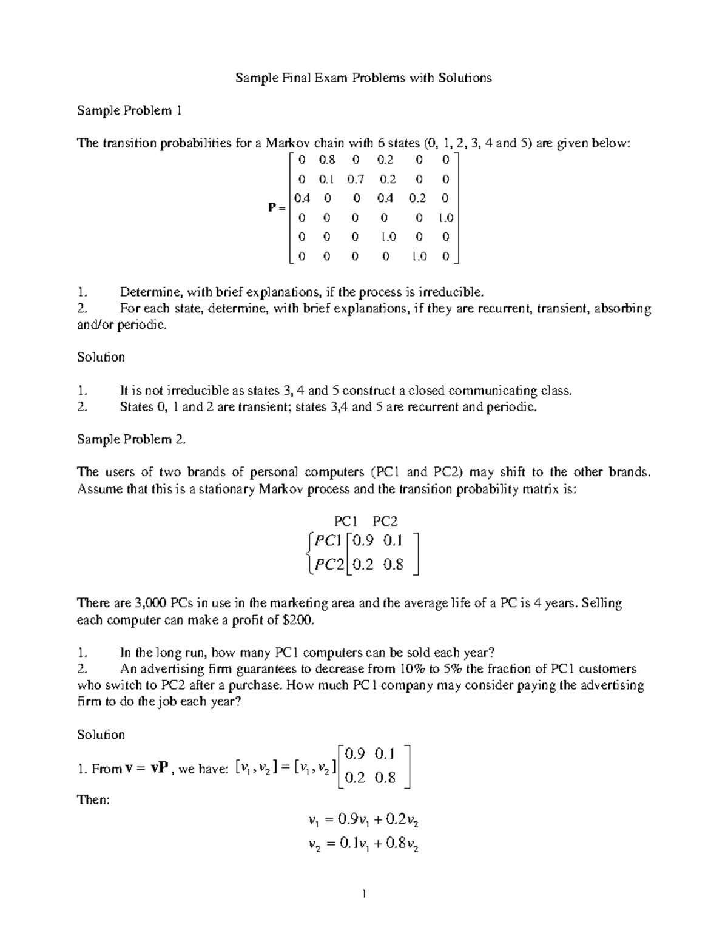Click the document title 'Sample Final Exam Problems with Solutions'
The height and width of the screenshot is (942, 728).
click(363, 78)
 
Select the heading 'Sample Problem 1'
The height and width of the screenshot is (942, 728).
click(129, 110)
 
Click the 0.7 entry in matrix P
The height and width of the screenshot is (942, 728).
click(356, 180)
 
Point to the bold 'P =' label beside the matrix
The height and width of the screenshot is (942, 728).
click(277, 208)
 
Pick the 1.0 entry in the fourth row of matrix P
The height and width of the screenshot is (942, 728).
click(446, 218)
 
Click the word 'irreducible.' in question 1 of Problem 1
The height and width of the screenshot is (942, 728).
click(452, 292)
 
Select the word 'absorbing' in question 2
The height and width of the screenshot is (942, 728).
click(622, 308)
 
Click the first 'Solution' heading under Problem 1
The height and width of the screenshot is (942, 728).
click(101, 357)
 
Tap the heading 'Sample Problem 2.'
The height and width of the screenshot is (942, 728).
click(131, 440)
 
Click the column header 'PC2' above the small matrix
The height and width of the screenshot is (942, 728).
click(385, 521)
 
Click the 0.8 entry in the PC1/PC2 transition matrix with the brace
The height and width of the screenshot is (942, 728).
click(393, 565)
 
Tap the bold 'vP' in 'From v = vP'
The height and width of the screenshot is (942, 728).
click(160, 769)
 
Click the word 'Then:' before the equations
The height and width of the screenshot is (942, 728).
click(93, 800)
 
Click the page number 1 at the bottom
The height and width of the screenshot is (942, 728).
click(364, 893)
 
